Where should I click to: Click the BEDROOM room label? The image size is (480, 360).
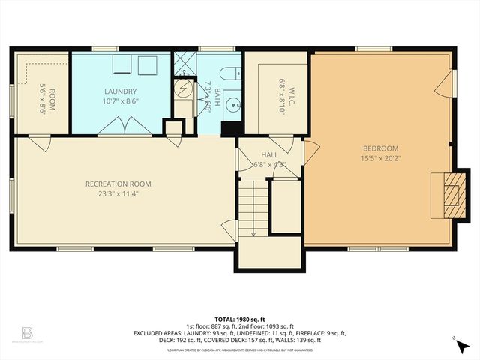point(380,148)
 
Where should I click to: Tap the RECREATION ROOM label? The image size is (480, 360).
point(118,184)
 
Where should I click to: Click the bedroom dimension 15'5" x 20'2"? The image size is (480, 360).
point(380,158)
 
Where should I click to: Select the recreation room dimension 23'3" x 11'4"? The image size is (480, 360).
point(118,193)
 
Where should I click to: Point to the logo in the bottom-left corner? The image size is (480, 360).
point(27,332)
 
